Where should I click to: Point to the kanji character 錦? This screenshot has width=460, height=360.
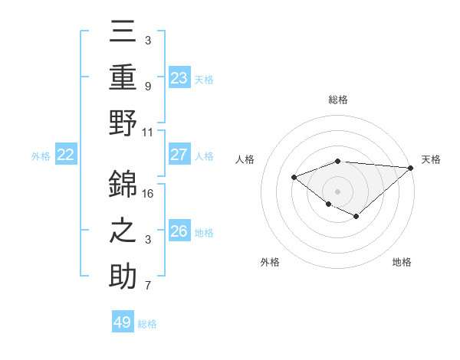tap(123, 184)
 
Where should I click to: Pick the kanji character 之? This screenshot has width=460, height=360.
tap(123, 231)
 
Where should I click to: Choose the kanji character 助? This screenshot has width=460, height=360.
tap(123, 276)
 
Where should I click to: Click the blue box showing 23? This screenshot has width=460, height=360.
tap(179, 77)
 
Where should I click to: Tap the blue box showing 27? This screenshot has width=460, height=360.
tap(179, 155)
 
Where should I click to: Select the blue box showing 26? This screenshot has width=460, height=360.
tap(179, 231)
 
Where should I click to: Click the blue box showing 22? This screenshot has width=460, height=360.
tap(65, 155)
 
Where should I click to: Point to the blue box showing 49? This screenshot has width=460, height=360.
tap(122, 322)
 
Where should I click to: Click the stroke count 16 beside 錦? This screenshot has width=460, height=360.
tap(148, 194)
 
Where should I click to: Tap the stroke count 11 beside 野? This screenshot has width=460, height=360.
tap(148, 132)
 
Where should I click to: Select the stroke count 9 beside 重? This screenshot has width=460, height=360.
tap(148, 87)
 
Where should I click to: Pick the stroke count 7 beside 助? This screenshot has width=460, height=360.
tap(148, 286)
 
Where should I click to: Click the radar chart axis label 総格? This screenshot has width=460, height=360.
tap(338, 100)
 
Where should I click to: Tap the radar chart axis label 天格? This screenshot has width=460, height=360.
tap(431, 159)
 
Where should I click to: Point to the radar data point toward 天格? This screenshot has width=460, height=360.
tap(411, 167)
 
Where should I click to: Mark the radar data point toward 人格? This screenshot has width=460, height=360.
tap(294, 177)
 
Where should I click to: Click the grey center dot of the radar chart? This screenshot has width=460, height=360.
tap(338, 191)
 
